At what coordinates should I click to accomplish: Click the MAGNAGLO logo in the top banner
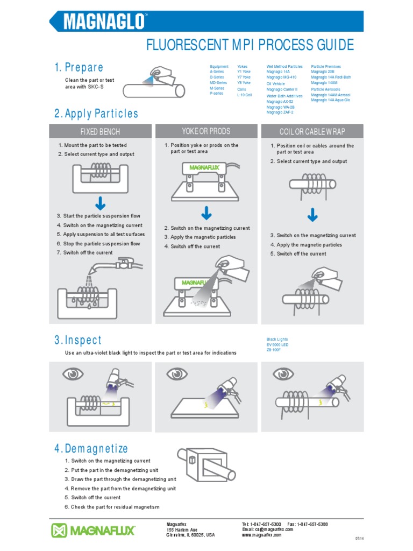tap(105, 22)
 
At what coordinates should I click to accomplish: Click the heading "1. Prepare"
tap(79, 67)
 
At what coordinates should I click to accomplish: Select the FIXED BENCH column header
tap(100, 132)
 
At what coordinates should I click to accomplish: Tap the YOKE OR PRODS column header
tap(206, 131)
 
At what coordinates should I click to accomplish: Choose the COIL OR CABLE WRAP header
tap(312, 132)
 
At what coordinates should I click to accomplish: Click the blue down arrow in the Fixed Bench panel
tap(100, 204)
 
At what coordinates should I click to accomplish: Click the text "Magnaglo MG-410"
tap(281, 77)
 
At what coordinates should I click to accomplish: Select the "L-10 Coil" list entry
tap(245, 95)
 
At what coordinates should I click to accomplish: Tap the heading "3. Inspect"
tap(77, 340)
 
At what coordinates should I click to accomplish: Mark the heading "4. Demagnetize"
tap(91, 449)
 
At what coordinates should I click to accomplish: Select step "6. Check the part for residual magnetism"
tap(112, 507)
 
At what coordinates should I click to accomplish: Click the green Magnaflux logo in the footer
tap(93, 530)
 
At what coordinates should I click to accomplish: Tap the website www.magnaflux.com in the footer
tap(262, 535)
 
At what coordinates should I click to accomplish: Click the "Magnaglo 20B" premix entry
tap(323, 72)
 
